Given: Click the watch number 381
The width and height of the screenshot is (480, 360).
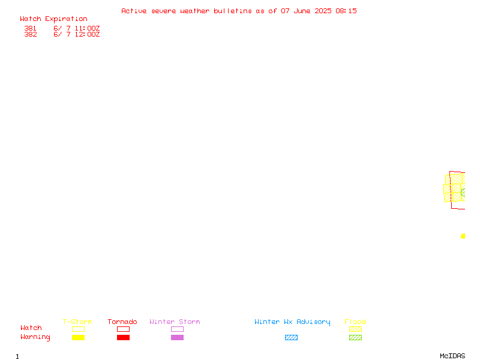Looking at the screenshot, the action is tap(31, 28).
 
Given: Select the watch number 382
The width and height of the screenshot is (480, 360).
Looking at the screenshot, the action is tap(31, 34).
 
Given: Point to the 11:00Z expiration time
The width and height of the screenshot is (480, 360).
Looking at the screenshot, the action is tap(87, 28).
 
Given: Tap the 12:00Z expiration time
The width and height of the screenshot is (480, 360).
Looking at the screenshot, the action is tap(87, 34).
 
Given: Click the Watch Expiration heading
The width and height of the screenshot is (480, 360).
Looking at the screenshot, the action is tap(53, 19).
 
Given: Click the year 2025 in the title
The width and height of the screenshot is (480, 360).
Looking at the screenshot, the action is tap(323, 11).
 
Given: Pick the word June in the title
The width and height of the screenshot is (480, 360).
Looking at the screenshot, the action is tap(302, 11).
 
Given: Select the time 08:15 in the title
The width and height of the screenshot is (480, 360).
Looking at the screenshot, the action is tap(346, 11).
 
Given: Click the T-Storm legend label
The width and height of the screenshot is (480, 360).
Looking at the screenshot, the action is tap(77, 322).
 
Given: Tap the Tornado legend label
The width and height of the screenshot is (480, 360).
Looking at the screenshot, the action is tap(122, 322).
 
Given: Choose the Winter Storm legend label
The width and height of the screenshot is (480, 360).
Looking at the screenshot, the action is tap(175, 322).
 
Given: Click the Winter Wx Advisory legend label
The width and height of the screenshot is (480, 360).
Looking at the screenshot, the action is tap(292, 322).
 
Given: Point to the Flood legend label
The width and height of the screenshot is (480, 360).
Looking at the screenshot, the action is tap(355, 322).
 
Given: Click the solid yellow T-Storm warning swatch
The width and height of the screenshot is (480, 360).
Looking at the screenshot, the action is tap(79, 338).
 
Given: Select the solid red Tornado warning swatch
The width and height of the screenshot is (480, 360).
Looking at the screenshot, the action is tap(124, 338).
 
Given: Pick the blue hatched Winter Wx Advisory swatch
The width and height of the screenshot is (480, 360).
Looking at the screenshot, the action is tap(291, 338).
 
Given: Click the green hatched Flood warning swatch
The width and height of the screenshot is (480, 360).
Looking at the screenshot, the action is tap(355, 338).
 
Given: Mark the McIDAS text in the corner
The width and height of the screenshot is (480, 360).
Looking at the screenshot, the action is tap(452, 356).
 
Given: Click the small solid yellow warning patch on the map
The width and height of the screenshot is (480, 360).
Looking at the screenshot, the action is tap(463, 236).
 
